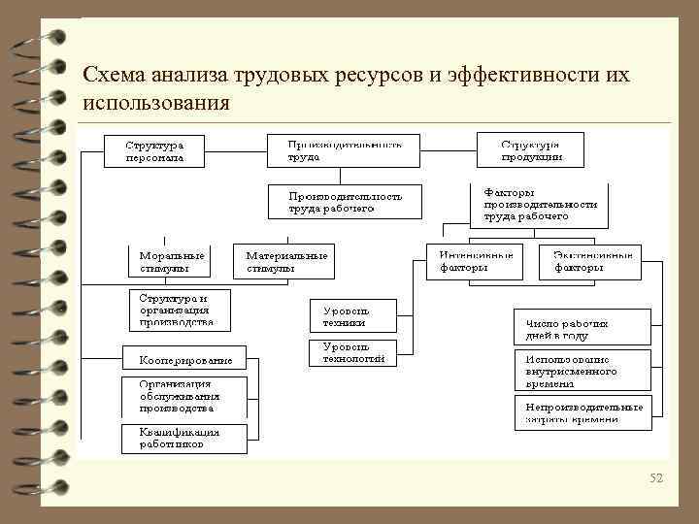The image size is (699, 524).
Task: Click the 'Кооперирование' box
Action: (184, 359)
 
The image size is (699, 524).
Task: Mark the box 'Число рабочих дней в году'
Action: (582, 327)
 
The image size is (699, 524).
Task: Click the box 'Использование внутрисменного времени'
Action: (582, 371)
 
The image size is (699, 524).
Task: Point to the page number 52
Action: (655, 477)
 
